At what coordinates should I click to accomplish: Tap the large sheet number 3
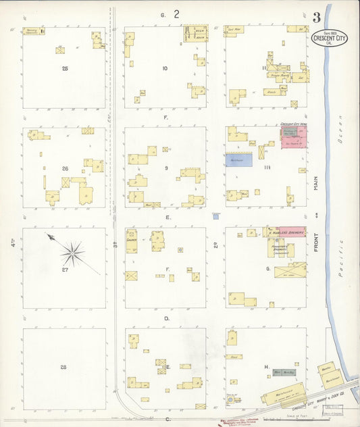pos(317,17)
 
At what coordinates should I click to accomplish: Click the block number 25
pos(65,69)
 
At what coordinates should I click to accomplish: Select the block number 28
pos(63,367)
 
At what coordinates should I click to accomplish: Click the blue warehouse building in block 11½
pos(238,159)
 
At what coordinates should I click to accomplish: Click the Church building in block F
pos(132,241)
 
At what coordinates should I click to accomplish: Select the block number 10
pos(164,69)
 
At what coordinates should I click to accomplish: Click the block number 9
pos(165,168)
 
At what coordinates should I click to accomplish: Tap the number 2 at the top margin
pos(176,14)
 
